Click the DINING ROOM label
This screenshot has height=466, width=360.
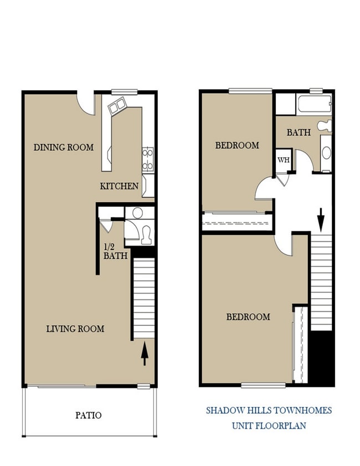click(64, 147)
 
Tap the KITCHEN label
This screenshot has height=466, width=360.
click(119, 186)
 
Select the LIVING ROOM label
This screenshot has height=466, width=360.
click(75, 329)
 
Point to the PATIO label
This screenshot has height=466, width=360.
click(89, 414)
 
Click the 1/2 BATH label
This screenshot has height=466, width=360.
click(116, 252)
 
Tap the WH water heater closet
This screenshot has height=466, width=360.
click(284, 160)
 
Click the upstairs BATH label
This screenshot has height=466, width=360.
click(299, 133)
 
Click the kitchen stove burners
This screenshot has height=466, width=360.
click(148, 159)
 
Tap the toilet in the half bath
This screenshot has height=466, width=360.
click(147, 235)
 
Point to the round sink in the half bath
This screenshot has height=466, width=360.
click(138, 212)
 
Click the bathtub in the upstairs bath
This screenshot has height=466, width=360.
click(314, 104)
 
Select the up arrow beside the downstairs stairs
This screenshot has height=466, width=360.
click(145, 354)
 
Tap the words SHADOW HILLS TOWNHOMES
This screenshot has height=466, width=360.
click(269, 411)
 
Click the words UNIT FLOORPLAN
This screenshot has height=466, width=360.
click(269, 426)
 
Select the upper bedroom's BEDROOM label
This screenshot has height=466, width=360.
click(237, 146)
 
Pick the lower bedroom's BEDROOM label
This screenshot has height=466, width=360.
click(248, 317)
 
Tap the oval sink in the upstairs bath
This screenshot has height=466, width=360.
click(326, 152)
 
